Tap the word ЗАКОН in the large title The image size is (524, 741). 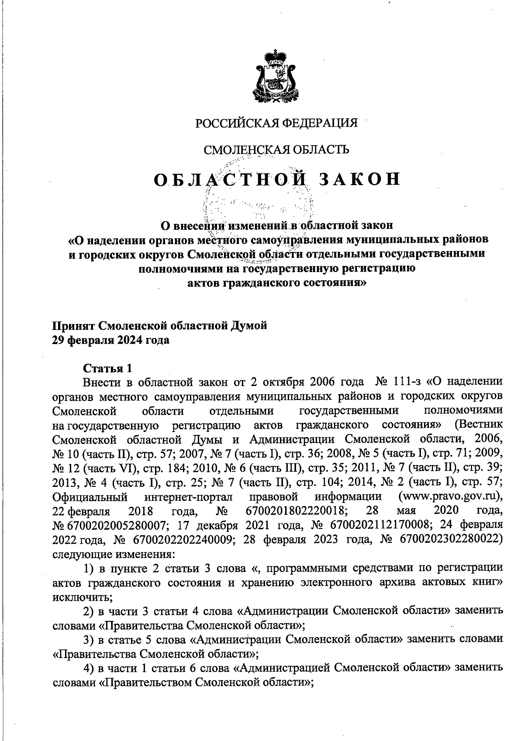(360, 179)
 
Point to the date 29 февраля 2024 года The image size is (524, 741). (111, 340)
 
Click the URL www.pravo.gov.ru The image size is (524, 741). (450, 496)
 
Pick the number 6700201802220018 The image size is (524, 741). (297, 510)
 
